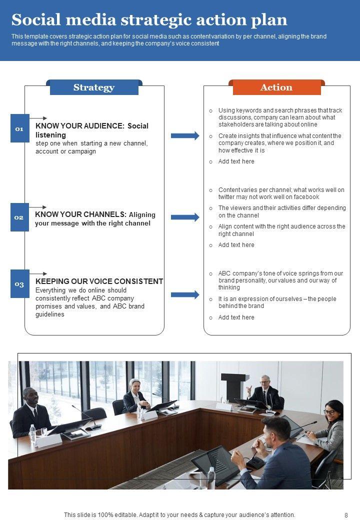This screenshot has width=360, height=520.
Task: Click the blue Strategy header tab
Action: [x=94, y=87]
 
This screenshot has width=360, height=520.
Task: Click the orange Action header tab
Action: [x=276, y=87]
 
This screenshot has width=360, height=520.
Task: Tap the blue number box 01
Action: [x=19, y=128]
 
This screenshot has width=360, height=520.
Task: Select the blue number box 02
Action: [x=19, y=217]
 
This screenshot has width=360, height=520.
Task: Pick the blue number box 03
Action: [x=19, y=284]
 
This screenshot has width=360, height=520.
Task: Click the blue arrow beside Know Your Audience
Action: [x=185, y=135]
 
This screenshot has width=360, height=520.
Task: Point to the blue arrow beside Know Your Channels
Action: [x=185, y=217]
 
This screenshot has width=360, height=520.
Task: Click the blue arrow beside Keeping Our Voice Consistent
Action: [x=185, y=294]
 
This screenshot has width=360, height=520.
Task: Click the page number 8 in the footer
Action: [x=346, y=515]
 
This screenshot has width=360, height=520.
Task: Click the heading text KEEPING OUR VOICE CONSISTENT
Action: [x=99, y=281]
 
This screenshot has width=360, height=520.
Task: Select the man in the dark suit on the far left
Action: [x=31, y=412]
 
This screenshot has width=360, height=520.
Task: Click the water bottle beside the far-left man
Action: [x=32, y=433]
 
